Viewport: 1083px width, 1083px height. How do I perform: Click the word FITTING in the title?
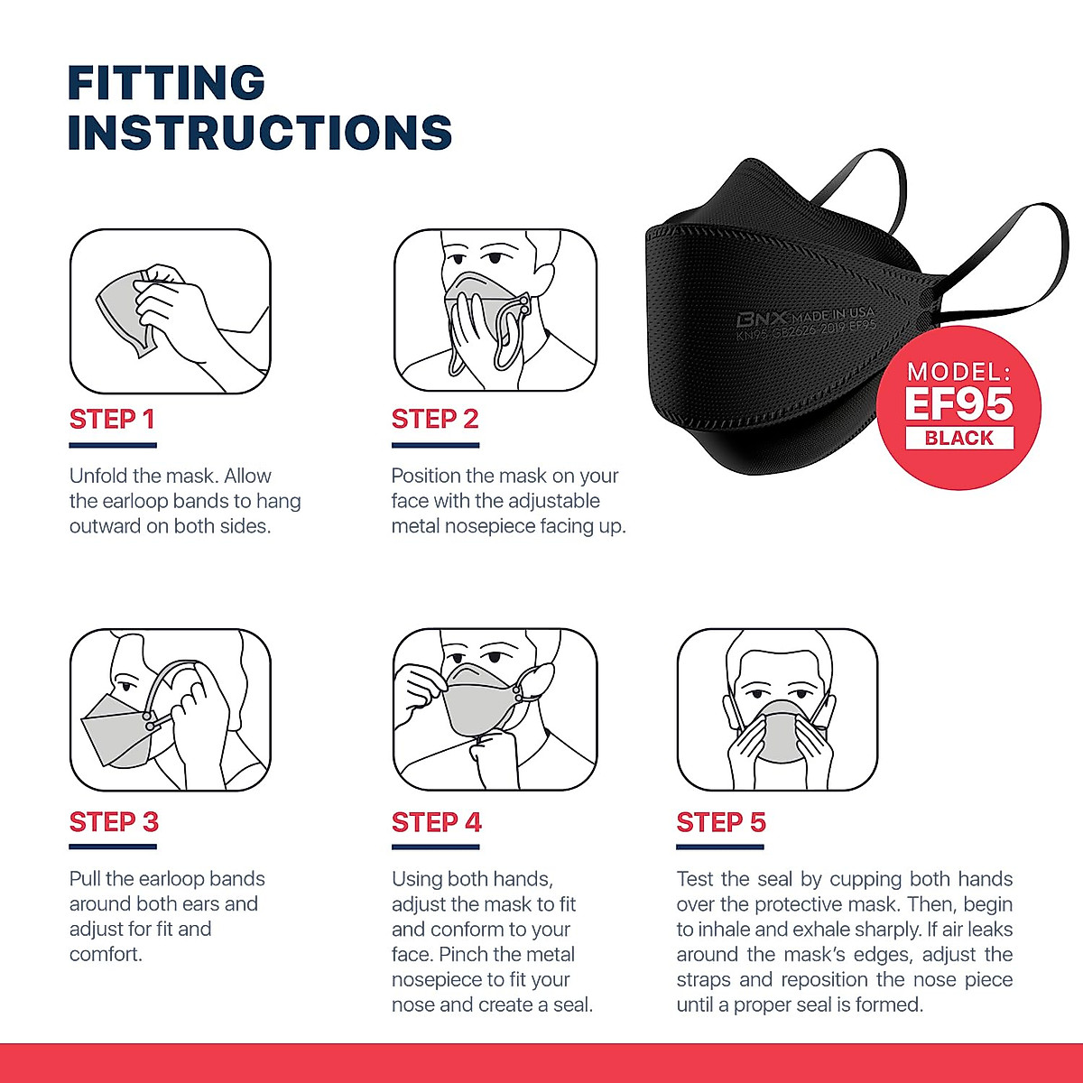pos(167,83)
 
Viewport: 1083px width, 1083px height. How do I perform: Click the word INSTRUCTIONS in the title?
pos(260,133)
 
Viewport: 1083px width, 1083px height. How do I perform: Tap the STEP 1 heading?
pos(112,420)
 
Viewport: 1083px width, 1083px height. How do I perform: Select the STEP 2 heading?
pos(434,420)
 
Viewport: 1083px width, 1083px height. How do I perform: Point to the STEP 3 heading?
pos(114,822)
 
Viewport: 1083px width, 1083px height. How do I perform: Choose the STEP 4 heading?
pos(436,822)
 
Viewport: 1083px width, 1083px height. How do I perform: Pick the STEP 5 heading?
pos(721,822)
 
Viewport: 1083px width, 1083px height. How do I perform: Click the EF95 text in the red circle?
pos(958,404)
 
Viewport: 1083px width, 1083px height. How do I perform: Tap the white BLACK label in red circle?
pos(958,439)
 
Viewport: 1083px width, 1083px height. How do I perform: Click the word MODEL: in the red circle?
pos(958,371)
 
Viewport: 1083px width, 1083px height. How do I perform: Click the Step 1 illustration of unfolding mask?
pos(170,311)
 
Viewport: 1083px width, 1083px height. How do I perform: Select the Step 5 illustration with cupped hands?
pos(777,710)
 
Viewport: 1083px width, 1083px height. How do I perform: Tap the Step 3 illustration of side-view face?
pos(170,710)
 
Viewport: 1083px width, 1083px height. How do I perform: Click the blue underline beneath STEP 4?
pos(435,847)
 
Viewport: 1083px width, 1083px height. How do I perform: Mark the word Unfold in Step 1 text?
pos(98,477)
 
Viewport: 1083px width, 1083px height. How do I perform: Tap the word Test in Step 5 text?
pos(695,879)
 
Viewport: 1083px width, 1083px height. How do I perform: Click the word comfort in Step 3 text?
pos(105,955)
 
